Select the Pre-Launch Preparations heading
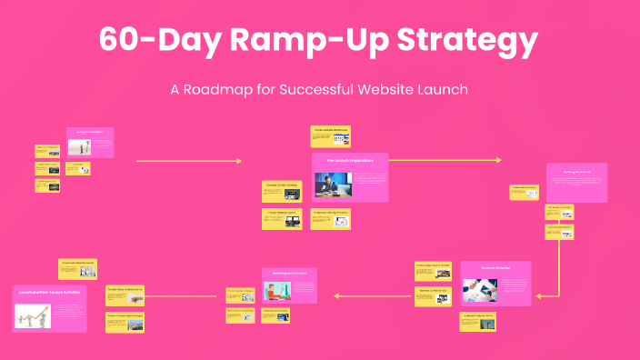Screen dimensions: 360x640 [x=350, y=160]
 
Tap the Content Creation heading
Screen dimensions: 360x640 [x=495, y=268]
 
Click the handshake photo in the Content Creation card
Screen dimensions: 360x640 [x=480, y=289]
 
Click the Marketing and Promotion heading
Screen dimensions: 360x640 [x=289, y=274]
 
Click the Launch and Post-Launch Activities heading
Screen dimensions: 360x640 [x=49, y=293]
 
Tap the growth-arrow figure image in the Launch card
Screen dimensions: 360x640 [x=33, y=315]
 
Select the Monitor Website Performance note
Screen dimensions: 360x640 [x=125, y=293]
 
